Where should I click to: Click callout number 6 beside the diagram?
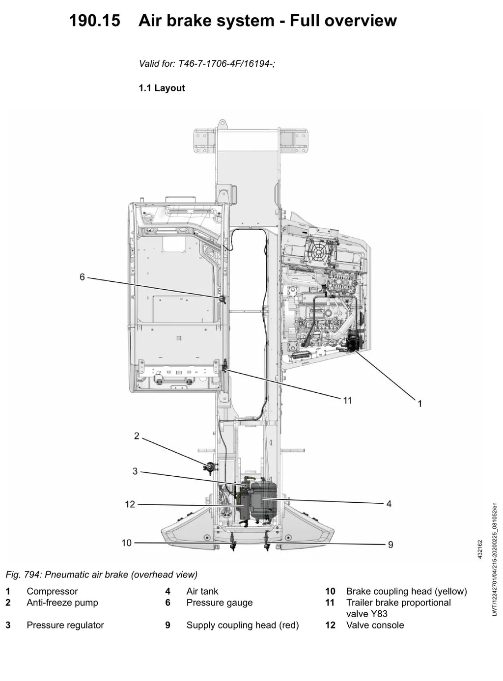82,277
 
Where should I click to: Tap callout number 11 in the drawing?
347,400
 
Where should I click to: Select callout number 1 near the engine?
419,404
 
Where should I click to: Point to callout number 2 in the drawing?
137,436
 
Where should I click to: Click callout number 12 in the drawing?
130,504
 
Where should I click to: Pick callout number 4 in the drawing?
389,504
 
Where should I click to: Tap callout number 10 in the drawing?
127,543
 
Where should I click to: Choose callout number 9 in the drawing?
391,545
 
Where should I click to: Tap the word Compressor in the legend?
52,591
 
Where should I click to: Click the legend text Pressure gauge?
220,602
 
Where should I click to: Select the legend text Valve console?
375,625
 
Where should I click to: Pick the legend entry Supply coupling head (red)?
243,625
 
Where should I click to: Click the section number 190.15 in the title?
94,21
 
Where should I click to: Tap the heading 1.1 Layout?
162,88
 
